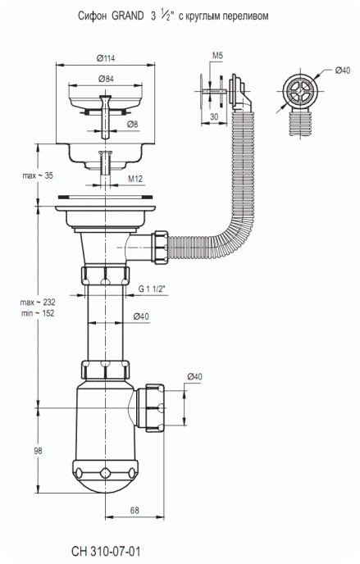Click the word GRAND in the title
coord(128,16)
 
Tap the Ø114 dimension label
coord(106,58)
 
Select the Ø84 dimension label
coord(105,79)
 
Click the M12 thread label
coord(135,179)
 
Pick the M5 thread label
coord(217,56)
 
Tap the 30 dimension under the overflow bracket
coord(214,117)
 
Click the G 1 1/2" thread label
coord(153,289)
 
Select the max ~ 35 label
coord(38,176)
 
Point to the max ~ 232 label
coord(38,302)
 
